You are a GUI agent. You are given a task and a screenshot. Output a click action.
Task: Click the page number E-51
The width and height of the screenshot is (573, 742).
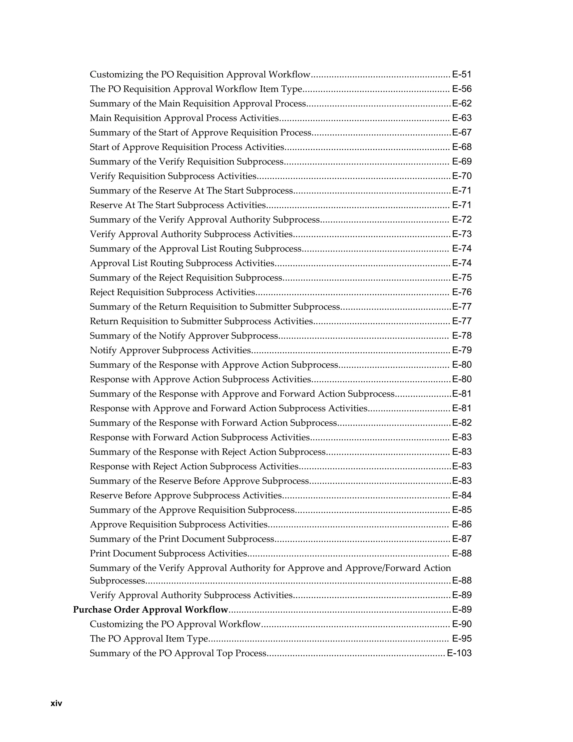pos(462,74)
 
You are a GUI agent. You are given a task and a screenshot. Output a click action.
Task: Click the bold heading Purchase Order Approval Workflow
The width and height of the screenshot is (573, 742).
pos(150,610)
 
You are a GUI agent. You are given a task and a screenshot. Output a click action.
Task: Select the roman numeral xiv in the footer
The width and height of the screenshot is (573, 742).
pos(56,703)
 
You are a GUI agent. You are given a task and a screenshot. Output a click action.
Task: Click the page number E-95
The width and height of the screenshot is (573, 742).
pos(462,638)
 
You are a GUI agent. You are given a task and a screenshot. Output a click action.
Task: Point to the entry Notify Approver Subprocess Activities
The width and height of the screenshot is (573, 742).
pos(170,350)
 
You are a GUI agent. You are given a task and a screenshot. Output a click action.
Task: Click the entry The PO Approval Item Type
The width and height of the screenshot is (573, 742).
pos(149,638)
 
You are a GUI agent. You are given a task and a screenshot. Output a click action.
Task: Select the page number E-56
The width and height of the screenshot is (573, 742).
pos(462,89)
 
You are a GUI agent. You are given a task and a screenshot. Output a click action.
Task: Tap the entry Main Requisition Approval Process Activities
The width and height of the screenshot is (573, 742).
pos(184,118)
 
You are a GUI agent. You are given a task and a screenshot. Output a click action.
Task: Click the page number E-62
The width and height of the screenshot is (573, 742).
pos(462,103)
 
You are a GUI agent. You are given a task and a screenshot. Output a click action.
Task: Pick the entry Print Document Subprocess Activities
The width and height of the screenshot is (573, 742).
pos(168,554)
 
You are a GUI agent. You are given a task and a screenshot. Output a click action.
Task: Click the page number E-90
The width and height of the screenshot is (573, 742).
pos(462,624)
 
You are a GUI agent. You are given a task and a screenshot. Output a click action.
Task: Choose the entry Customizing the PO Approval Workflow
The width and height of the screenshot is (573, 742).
pos(175,624)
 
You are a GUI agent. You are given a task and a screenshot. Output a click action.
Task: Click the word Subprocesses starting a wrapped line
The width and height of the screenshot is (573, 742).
pos(118,581)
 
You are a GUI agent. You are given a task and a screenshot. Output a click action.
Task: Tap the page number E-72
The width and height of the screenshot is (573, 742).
pos(462,220)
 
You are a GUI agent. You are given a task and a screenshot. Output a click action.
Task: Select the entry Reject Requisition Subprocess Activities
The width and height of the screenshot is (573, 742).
pos(172,292)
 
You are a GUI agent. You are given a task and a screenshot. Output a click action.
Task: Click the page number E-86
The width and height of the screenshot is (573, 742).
pos(462,524)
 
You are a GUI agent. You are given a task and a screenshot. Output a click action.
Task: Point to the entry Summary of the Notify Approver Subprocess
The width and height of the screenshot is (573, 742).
pos(184,336)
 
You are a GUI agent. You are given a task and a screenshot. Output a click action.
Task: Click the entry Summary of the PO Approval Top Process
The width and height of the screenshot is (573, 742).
pos(178,653)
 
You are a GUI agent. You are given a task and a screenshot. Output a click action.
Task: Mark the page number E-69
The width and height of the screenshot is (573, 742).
pos(462,161)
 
